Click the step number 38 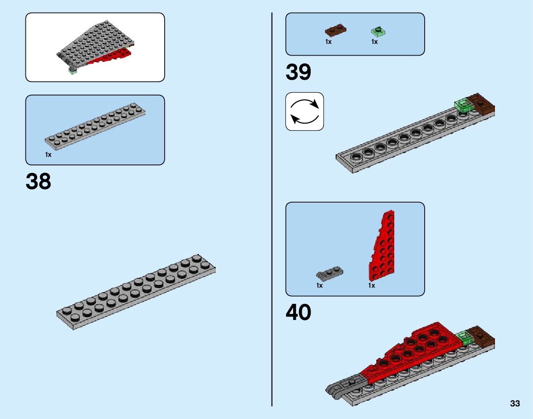coord(38,182)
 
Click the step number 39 coord(298,72)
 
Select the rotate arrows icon coord(304,112)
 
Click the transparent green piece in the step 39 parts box coord(379,31)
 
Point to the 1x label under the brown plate coord(328,42)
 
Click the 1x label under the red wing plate coord(371,285)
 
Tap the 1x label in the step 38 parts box coord(48,155)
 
